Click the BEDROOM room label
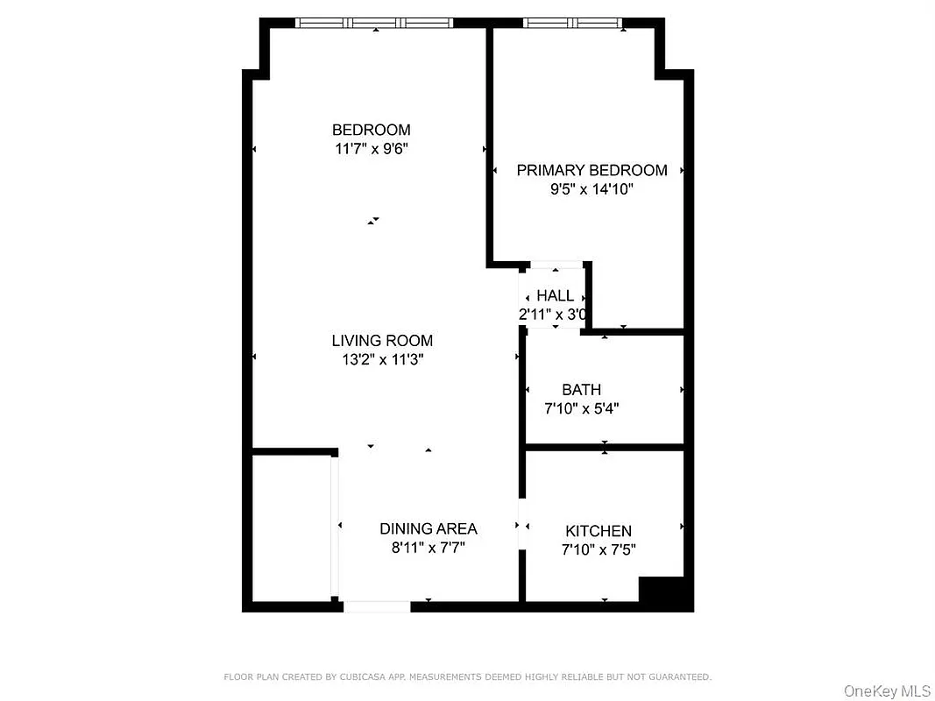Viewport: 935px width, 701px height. (x=371, y=130)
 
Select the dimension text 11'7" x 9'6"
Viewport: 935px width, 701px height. (x=371, y=149)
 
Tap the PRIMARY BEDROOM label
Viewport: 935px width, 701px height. (x=591, y=170)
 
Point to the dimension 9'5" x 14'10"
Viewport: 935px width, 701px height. (x=591, y=188)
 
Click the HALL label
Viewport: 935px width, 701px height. (x=555, y=296)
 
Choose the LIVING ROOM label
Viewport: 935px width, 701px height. (x=382, y=341)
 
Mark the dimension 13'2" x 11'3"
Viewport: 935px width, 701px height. (x=382, y=359)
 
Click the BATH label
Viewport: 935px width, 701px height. (x=582, y=389)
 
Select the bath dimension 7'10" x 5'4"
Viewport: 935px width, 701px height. (x=582, y=407)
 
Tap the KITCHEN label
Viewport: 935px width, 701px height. (x=598, y=531)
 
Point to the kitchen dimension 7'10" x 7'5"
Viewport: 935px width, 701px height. (x=598, y=550)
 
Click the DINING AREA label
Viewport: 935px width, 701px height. (x=428, y=528)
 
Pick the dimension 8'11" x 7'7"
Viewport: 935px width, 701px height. (x=428, y=548)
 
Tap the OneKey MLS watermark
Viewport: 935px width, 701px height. (x=887, y=691)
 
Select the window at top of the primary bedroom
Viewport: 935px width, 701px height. (x=573, y=23)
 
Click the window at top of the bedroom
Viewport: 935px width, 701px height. (x=374, y=23)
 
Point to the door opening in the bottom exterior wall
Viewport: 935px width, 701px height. (x=377, y=606)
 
